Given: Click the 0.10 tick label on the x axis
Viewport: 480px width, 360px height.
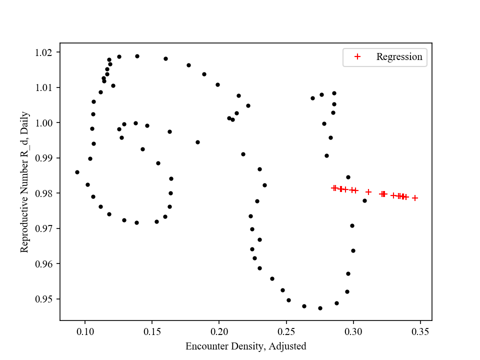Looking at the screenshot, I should click(x=85, y=331).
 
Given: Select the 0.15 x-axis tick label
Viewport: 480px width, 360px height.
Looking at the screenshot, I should click(x=152, y=331).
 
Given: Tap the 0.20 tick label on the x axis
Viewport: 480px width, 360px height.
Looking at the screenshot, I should click(x=219, y=331).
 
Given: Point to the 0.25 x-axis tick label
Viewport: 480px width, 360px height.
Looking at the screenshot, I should click(x=286, y=331).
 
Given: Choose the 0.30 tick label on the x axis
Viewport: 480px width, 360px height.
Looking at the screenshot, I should click(x=353, y=331).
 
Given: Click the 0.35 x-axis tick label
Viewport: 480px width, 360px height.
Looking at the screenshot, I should click(x=420, y=331).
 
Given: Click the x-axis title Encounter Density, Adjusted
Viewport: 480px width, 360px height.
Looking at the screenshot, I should click(x=245, y=346).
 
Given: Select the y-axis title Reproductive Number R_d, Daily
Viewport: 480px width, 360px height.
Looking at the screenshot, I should click(x=25, y=182).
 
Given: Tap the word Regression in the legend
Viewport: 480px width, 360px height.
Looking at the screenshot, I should click(x=399, y=57).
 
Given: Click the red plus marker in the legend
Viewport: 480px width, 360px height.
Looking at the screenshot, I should click(x=357, y=57).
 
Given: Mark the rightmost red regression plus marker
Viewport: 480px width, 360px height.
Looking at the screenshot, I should click(x=415, y=198).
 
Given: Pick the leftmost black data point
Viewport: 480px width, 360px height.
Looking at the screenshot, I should click(x=77, y=172).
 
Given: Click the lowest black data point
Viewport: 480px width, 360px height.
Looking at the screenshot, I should click(x=320, y=308).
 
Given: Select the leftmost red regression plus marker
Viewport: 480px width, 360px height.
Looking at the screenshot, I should click(x=334, y=188).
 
